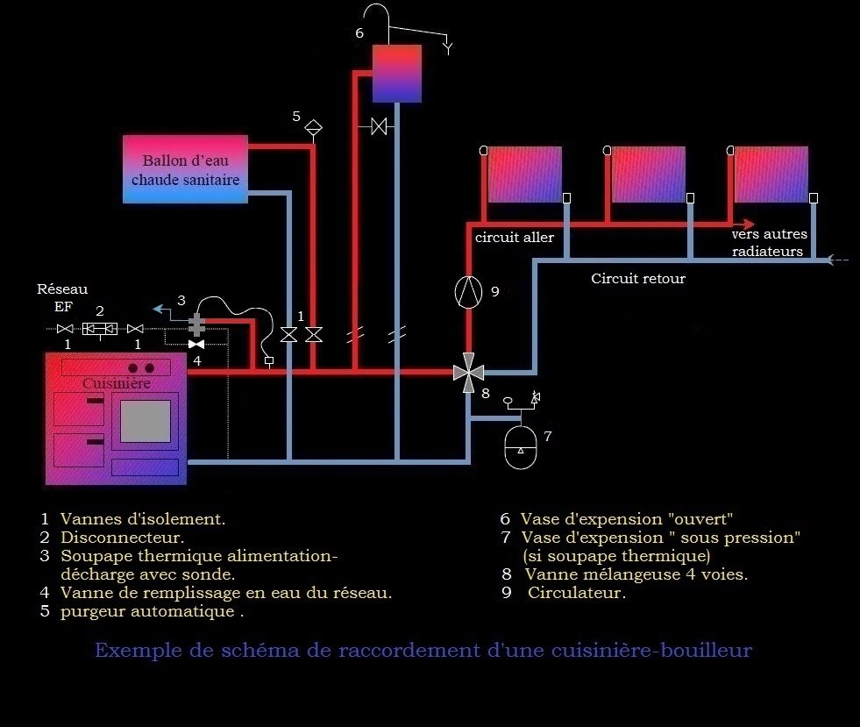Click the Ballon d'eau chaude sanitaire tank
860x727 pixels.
coord(184,169)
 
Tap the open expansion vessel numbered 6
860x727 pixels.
coord(396,74)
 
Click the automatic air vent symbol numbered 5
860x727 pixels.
coord(313,128)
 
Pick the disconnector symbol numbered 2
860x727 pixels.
coord(99,329)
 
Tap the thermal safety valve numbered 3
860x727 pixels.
coord(196,325)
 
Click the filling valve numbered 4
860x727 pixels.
coord(196,345)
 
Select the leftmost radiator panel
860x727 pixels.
coord(523,174)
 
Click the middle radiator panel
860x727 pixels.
coord(648,174)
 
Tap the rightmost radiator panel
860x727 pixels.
coord(771,174)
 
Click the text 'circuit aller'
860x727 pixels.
coord(515,238)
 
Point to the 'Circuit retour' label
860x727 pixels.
coord(637,279)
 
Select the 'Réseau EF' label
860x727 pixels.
coord(61,297)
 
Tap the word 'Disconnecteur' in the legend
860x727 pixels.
coord(122,538)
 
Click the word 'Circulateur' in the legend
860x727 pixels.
coord(577,593)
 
